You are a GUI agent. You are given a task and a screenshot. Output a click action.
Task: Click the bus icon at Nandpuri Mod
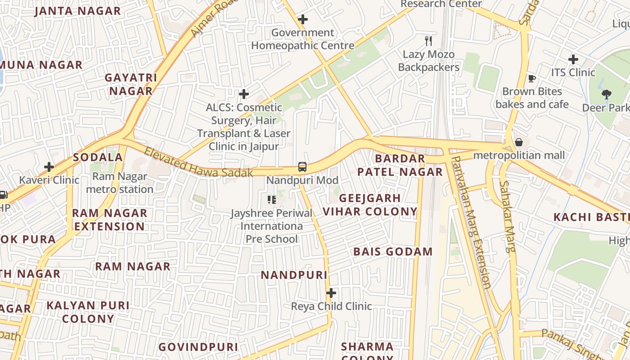302,167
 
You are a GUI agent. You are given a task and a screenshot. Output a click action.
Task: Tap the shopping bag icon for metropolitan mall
519,142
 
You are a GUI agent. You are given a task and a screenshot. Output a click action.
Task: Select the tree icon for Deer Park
606,94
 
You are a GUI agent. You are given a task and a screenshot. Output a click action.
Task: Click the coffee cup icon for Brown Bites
532,78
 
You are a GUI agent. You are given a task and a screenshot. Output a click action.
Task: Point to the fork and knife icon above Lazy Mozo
428,41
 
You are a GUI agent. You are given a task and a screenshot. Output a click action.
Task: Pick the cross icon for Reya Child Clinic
331,293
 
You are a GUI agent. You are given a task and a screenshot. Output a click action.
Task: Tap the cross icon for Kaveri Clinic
49,167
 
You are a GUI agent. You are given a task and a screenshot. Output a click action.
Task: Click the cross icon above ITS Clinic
573,59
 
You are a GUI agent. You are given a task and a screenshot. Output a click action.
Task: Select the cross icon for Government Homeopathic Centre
303,19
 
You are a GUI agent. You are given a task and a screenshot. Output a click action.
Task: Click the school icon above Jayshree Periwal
271,199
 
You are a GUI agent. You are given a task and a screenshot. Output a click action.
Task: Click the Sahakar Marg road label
507,216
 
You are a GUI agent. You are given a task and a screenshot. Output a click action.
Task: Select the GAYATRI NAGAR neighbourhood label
131,84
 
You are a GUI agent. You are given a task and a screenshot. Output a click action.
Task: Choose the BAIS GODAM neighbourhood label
393,252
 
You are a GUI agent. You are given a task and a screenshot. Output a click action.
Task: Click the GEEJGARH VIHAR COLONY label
370,205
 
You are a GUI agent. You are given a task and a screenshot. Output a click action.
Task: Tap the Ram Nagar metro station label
120,183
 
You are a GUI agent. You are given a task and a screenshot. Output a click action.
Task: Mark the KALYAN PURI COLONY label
88,312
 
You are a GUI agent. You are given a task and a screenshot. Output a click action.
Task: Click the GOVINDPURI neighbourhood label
198,347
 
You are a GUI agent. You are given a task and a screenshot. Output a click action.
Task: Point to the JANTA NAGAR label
78,11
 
